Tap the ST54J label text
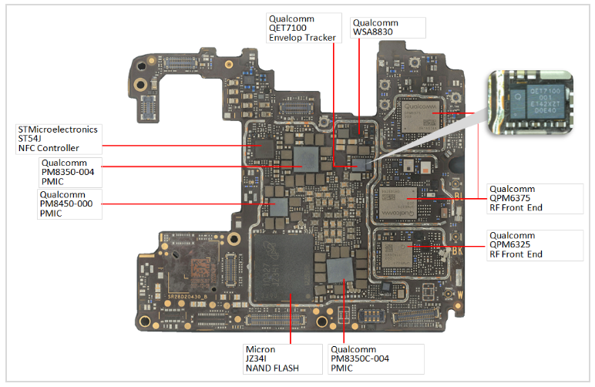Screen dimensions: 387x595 pos(30,139)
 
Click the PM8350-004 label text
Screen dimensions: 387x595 pos(68,173)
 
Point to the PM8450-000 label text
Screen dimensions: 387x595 pos(66,204)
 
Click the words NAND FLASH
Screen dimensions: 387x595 pos(272,368)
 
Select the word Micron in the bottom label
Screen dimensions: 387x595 pos(260,349)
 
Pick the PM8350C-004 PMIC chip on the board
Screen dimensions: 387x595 pos(338,269)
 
